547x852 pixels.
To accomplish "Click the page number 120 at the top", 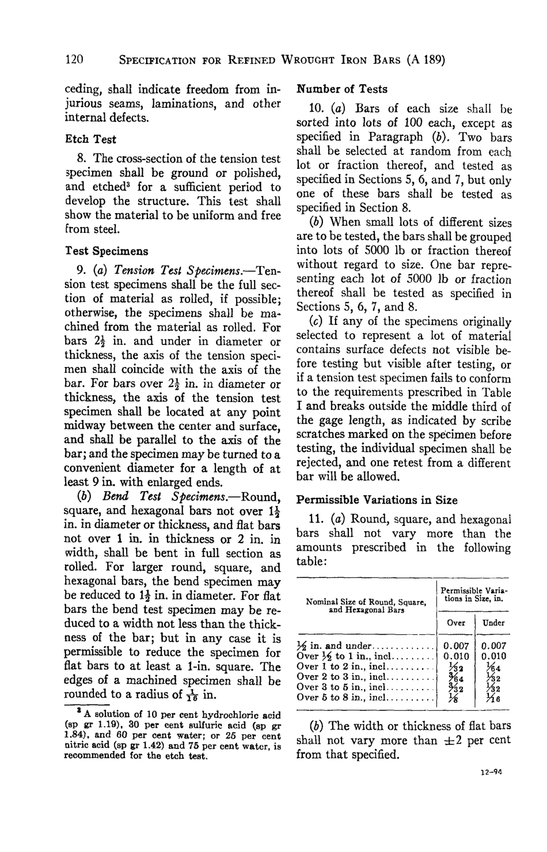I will (x=74, y=59).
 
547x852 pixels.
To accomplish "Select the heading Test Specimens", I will (x=106, y=251).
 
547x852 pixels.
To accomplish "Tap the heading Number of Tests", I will (x=341, y=89).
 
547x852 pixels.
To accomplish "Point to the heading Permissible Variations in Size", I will (x=377, y=500).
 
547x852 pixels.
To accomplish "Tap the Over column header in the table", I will (x=455, y=623).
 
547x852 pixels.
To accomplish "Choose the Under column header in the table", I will (x=493, y=623).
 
